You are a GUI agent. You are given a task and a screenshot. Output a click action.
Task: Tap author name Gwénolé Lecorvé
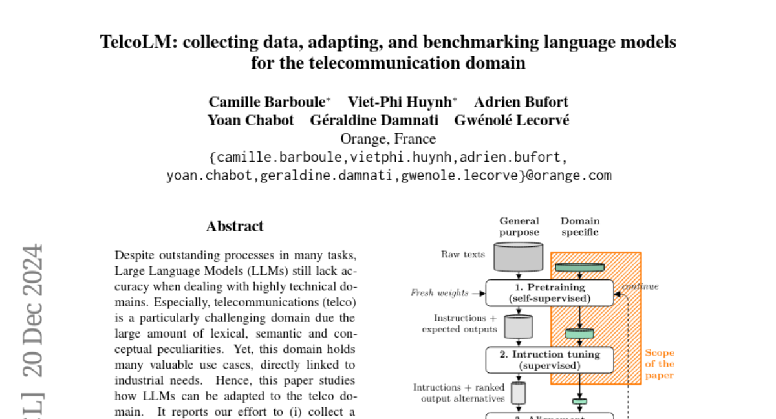[512, 120]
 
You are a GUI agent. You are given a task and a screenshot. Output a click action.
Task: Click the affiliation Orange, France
[388, 139]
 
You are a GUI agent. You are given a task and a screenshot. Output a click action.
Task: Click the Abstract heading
[235, 226]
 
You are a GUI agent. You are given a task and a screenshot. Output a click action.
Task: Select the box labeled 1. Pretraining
[550, 293]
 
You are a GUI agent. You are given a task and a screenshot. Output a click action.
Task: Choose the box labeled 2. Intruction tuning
[550, 360]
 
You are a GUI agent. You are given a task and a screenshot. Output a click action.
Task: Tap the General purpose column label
[519, 226]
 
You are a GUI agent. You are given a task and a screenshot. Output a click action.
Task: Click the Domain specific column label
[579, 226]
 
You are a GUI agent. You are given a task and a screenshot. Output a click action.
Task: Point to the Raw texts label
[463, 255]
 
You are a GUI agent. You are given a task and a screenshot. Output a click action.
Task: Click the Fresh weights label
[440, 293]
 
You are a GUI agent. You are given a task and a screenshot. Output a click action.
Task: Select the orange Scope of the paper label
[659, 364]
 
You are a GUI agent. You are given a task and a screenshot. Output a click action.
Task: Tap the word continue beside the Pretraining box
[640, 286]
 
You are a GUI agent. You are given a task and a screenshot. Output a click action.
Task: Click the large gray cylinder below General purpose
[519, 257]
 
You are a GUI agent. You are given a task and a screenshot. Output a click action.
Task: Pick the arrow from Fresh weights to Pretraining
[479, 293]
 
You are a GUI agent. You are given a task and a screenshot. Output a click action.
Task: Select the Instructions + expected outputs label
[460, 324]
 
